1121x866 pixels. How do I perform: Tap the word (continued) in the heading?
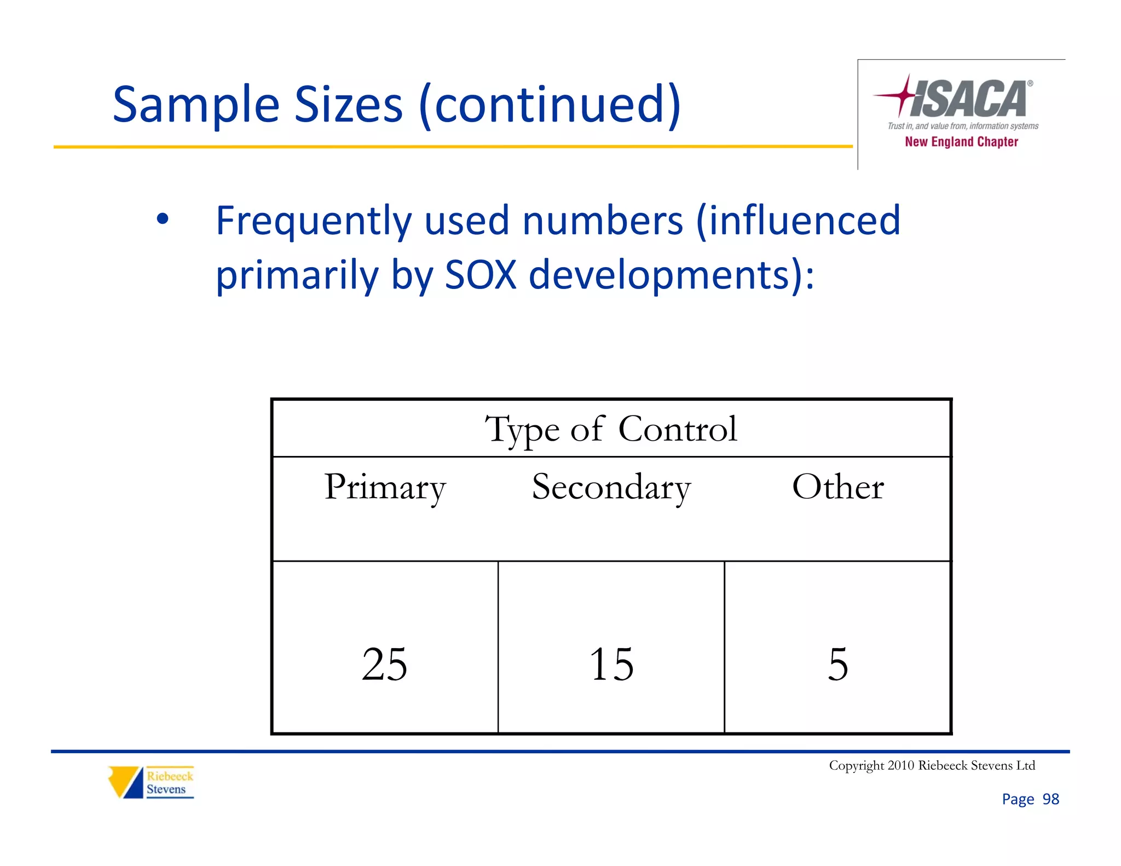click(550, 105)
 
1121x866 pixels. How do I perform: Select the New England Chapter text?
click(961, 142)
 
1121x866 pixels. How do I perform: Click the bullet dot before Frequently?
click(163, 220)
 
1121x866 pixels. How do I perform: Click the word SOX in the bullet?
click(481, 275)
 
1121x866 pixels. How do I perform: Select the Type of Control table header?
click(611, 429)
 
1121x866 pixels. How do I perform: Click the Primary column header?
click(385, 487)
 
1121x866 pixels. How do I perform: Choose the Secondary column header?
click(611, 487)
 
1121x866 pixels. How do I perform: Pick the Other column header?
click(837, 487)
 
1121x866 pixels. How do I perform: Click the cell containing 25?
click(385, 664)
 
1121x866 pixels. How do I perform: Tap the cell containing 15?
click(611, 664)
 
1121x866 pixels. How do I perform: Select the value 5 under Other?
click(837, 664)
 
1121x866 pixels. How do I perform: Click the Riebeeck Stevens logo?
click(151, 783)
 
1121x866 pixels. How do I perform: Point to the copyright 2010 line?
click(932, 765)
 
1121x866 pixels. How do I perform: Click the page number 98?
click(1050, 799)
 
